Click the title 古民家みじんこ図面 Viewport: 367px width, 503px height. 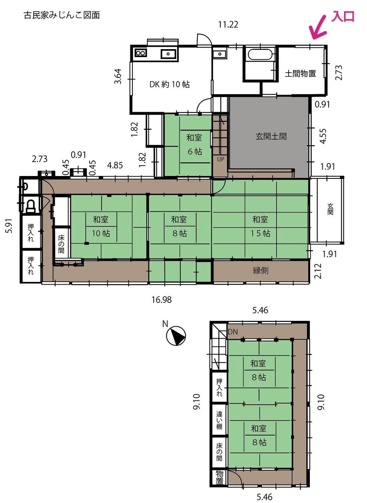coord(62,16)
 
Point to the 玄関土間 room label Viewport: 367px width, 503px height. coord(271,136)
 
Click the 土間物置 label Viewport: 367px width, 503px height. coord(300,73)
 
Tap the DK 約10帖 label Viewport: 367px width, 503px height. coord(170,84)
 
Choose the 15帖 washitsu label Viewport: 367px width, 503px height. coord(260,226)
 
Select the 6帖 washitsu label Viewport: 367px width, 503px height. coord(194,145)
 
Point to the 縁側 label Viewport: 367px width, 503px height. coord(260,271)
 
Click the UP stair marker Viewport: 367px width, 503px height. coord(220,159)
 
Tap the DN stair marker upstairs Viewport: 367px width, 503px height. coord(233,332)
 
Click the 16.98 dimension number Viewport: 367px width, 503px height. coord(162,300)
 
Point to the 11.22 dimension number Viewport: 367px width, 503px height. coord(228,25)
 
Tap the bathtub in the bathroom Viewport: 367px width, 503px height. coord(261,54)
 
